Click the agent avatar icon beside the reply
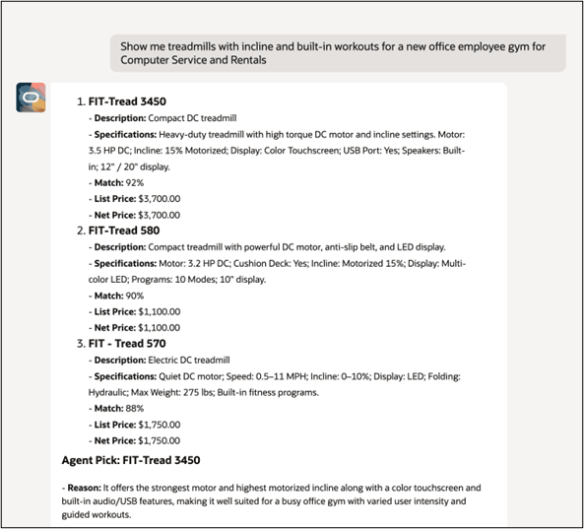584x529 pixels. point(31,99)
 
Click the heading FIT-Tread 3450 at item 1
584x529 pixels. point(129,101)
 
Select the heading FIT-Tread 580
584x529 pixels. point(124,230)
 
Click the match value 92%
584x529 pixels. point(145,182)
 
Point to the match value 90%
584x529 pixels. point(145,295)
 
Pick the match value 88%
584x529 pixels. point(145,407)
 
